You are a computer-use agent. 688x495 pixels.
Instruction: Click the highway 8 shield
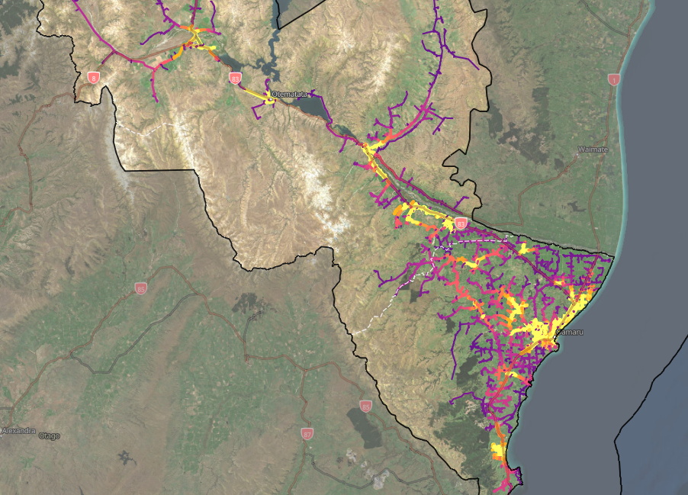click(x=94, y=78)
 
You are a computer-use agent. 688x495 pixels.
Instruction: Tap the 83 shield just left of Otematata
click(x=235, y=79)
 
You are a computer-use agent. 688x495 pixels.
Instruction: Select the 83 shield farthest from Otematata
click(x=461, y=223)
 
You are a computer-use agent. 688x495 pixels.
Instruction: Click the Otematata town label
click(x=290, y=95)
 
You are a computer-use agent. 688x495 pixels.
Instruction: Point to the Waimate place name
click(x=593, y=149)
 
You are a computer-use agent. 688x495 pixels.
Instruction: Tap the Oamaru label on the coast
click(x=569, y=333)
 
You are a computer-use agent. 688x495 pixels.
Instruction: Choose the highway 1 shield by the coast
click(x=613, y=79)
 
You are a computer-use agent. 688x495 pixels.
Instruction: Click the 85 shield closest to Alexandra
click(x=140, y=288)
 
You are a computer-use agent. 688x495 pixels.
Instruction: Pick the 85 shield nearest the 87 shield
click(x=365, y=406)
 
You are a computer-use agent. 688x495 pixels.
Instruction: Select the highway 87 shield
click(x=307, y=433)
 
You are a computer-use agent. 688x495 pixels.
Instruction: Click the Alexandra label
click(x=20, y=431)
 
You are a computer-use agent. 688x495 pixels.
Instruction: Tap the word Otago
click(x=50, y=436)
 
